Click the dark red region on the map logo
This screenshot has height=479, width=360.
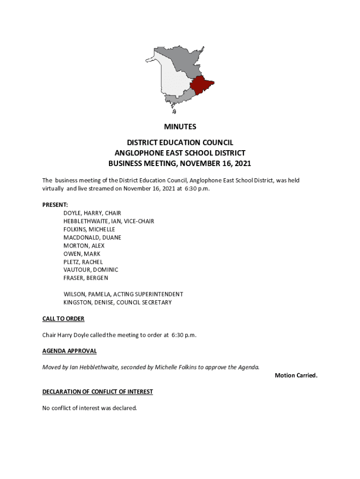click(x=201, y=86)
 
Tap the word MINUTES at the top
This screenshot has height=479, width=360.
click(x=180, y=127)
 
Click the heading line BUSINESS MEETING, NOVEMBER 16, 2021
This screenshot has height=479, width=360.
click(x=180, y=164)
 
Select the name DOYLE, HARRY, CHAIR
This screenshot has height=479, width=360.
click(x=92, y=213)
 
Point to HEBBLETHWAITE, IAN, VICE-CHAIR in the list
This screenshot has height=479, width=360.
click(x=108, y=221)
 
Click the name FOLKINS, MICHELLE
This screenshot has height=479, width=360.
click(x=89, y=229)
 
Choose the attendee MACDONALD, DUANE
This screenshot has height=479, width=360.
click(x=92, y=238)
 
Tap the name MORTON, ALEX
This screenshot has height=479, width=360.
click(x=84, y=246)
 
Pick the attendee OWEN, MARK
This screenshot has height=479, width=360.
click(x=82, y=254)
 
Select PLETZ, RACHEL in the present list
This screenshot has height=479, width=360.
click(x=83, y=262)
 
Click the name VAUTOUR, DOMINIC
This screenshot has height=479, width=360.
click(x=91, y=270)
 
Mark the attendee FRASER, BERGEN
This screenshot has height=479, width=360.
click(x=86, y=278)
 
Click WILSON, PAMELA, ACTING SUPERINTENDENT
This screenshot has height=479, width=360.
click(x=123, y=294)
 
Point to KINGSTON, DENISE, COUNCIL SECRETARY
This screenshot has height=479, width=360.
click(x=117, y=303)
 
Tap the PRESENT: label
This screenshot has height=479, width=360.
click(x=55, y=205)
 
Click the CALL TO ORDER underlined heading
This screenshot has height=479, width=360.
click(x=63, y=319)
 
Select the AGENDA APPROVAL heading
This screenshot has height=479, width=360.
click(x=69, y=351)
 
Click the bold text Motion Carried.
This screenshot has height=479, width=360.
click(x=296, y=376)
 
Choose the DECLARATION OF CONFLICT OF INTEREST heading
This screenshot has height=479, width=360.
click(x=98, y=392)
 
